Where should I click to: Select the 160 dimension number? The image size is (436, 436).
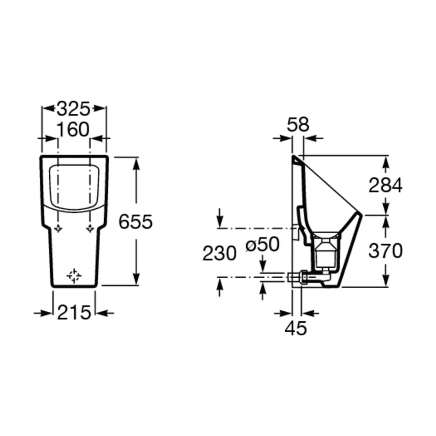coord(73,129)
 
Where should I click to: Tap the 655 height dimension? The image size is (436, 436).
coord(136,221)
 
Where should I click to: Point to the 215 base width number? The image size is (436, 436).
coord(74,312)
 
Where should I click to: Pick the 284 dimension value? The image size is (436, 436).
coord(385,185)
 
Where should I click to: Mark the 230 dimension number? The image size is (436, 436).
coord(219,253)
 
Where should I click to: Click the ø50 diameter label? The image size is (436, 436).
coord(262,245)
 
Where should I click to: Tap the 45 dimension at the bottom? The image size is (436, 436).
coord(296,328)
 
